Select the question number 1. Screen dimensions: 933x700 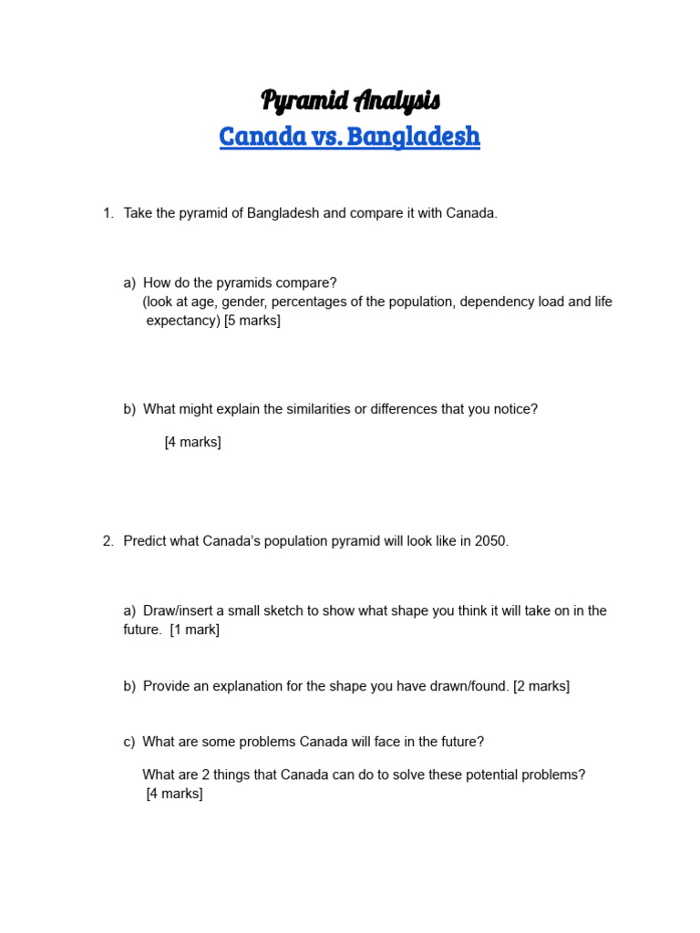108,213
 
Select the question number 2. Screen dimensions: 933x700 108,541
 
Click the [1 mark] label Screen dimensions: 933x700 194,630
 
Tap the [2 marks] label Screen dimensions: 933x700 541,686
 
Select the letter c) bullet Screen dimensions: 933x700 129,742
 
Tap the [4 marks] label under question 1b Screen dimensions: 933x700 192,443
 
